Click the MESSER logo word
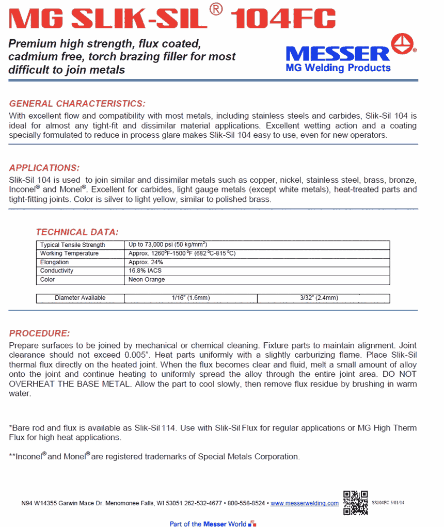click(x=338, y=54)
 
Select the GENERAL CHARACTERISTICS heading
click(x=77, y=103)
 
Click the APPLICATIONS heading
click(x=44, y=168)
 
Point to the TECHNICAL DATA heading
click(x=77, y=232)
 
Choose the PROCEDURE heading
click(x=39, y=333)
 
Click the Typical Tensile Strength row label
click(x=73, y=245)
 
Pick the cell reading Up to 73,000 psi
click(x=168, y=245)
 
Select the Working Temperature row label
click(x=70, y=253)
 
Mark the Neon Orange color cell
click(x=147, y=279)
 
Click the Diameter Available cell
click(x=80, y=298)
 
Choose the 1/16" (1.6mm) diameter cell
click(x=191, y=298)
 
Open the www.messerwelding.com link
click(x=305, y=503)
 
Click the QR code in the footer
click(x=355, y=502)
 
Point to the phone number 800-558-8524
click(x=246, y=503)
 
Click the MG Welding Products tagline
click(x=338, y=68)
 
